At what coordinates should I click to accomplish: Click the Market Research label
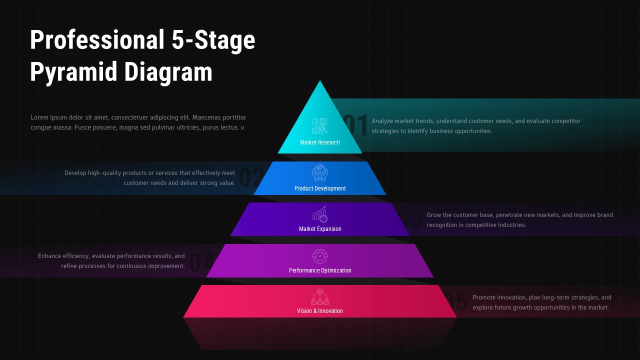click(320, 142)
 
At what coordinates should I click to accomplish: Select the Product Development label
click(320, 188)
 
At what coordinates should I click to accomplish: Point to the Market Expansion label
click(320, 229)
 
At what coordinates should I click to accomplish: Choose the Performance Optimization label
click(320, 270)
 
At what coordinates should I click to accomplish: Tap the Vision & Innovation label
click(320, 311)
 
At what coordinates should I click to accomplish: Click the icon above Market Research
click(320, 125)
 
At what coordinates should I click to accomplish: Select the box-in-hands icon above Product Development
click(320, 172)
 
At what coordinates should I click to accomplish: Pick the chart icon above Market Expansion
click(320, 214)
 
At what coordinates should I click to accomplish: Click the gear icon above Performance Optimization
click(320, 256)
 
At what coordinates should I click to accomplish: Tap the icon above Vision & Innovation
click(320, 296)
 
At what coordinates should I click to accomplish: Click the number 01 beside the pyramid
click(356, 126)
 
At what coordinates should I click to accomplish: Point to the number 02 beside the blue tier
click(252, 178)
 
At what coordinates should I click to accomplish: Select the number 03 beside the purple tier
click(411, 220)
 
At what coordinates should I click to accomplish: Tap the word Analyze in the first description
click(383, 121)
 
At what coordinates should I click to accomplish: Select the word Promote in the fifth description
click(485, 297)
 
